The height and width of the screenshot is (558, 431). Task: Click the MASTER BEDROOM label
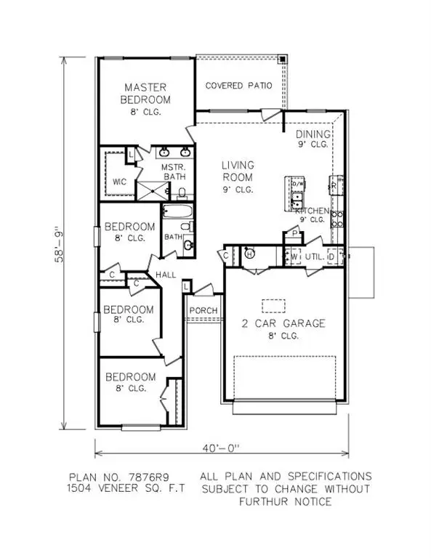(x=146, y=93)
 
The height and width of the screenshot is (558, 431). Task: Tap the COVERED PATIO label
(x=238, y=85)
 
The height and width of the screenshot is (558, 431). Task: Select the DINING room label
(x=313, y=134)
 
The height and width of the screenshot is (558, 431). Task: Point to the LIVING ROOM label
(x=237, y=171)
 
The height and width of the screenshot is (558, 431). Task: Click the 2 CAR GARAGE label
(x=284, y=323)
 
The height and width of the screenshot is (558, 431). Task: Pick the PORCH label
(x=200, y=310)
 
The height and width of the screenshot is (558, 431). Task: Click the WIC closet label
(x=120, y=182)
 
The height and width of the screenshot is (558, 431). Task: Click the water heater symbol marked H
(x=249, y=254)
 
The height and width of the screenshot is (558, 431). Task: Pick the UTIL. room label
(x=314, y=256)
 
